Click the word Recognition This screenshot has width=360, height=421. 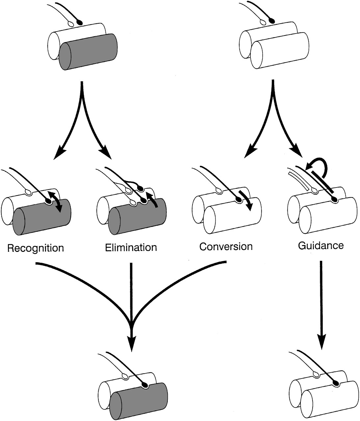(x=36, y=248)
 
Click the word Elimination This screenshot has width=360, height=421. (x=131, y=247)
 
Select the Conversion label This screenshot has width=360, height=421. (x=226, y=246)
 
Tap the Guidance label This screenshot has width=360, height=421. (x=321, y=245)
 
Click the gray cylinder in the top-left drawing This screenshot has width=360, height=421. (x=88, y=52)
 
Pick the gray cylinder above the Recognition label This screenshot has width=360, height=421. (x=42, y=217)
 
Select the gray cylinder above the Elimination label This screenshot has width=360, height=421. (x=137, y=216)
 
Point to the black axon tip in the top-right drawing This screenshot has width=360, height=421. (x=271, y=21)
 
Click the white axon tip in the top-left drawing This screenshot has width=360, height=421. (x=71, y=24)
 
